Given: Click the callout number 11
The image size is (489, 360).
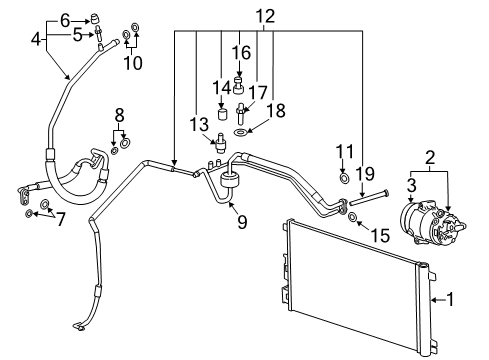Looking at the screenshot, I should pos(344,151).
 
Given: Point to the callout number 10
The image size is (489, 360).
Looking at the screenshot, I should pos(132,63).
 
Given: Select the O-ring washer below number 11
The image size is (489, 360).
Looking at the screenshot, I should pos(344,179).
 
